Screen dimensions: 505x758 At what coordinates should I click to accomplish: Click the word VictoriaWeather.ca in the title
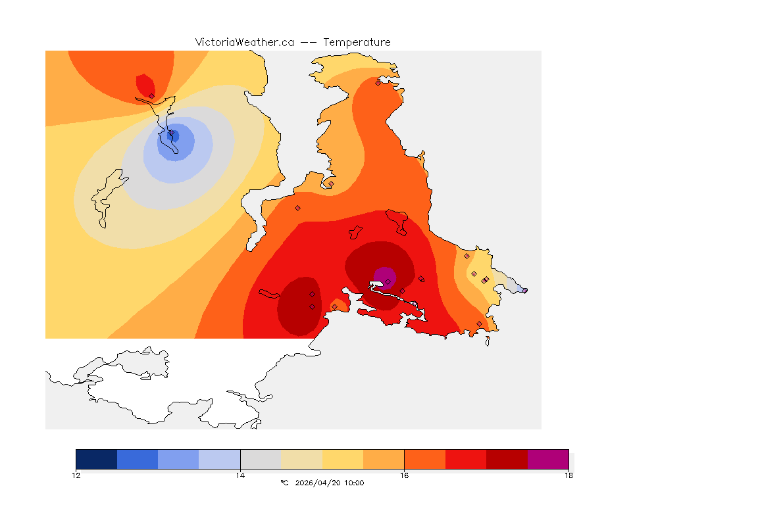pos(244,42)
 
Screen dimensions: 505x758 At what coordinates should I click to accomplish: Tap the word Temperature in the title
pos(357,42)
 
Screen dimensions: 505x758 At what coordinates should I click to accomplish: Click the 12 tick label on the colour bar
pos(76,475)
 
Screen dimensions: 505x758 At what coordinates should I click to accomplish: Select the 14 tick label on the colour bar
pos(240,475)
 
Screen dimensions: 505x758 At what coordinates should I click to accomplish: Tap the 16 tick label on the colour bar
pos(404,475)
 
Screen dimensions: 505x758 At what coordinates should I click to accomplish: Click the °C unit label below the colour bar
pos(284,483)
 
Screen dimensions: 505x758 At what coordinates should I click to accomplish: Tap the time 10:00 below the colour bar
pos(353,483)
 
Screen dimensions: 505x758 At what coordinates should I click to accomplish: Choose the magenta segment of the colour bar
pos(548,459)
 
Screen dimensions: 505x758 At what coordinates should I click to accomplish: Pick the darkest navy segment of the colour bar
pos(96,459)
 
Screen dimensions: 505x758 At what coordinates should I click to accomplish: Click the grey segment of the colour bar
pos(261,459)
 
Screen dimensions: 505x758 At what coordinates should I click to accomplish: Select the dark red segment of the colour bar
pos(507,459)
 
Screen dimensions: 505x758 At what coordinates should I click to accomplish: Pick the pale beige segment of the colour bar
pos(301,459)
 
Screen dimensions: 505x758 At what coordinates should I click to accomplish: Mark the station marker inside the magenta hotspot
pos(388,281)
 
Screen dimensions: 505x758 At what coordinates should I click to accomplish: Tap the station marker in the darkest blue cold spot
pos(172,133)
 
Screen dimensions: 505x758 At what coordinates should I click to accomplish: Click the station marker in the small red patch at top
pos(151,96)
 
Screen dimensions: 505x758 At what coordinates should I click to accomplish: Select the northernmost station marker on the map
pos(378,83)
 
